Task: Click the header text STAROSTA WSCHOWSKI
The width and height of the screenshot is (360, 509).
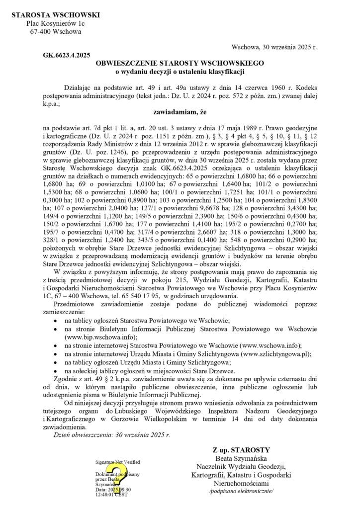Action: point(55,15)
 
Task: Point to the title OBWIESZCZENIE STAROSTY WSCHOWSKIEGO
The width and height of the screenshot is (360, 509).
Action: point(180,64)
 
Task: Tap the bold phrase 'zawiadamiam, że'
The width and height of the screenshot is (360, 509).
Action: point(180,112)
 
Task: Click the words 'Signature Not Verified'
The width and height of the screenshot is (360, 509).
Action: point(118,462)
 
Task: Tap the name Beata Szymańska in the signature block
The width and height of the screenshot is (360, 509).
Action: point(241,458)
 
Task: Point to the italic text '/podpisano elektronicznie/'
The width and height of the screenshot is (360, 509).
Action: point(241,491)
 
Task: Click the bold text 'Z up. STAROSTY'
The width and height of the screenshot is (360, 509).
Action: point(241,449)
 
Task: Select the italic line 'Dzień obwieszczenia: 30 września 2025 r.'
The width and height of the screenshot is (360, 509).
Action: point(112,435)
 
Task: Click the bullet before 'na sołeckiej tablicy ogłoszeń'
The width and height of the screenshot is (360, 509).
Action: point(56,371)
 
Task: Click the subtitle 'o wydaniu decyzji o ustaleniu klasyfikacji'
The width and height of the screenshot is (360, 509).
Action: point(180,72)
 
